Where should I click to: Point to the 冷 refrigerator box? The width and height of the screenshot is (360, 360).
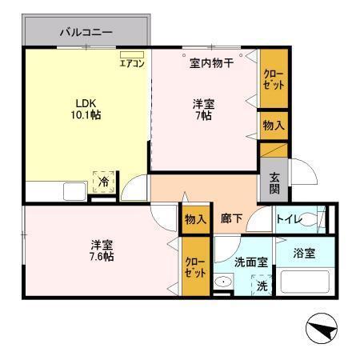click(x=103, y=182)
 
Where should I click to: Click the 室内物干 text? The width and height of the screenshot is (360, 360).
click(x=211, y=62)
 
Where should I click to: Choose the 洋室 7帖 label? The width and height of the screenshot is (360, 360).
click(x=202, y=110)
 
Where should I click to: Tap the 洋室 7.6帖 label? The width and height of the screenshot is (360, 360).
click(x=100, y=250)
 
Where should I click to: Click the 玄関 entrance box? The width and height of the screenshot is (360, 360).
click(x=274, y=184)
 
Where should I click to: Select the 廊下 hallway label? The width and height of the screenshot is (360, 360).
click(x=232, y=218)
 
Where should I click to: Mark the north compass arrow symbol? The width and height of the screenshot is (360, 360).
click(x=324, y=327)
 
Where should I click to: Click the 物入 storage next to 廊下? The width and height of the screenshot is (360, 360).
click(x=196, y=218)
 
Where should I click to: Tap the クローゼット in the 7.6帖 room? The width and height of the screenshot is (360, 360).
click(x=194, y=266)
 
